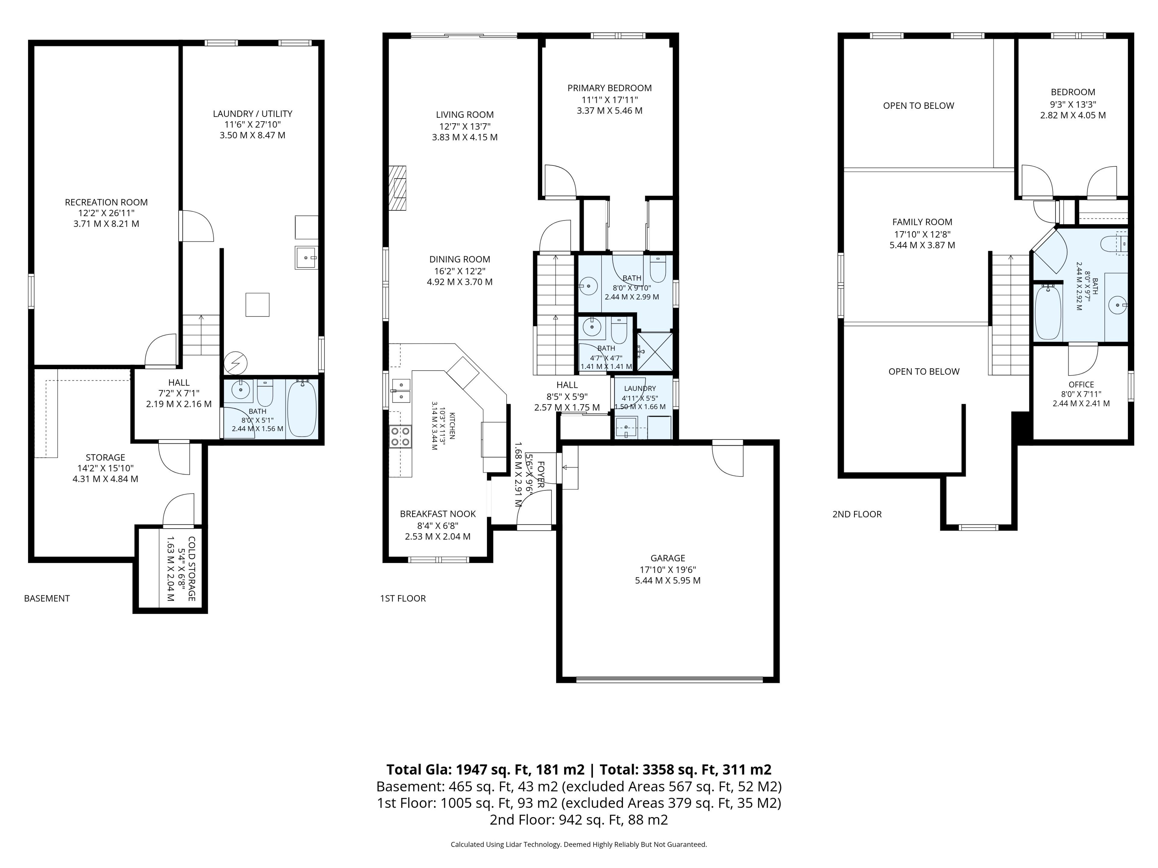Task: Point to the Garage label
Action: pos(667,558)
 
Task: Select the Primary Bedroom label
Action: pos(609,88)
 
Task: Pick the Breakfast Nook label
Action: pos(438,514)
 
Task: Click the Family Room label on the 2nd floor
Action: pos(922,222)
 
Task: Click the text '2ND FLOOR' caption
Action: pos(857,514)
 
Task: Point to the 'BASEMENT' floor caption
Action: pos(47,598)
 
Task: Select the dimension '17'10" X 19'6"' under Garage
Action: pos(667,569)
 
